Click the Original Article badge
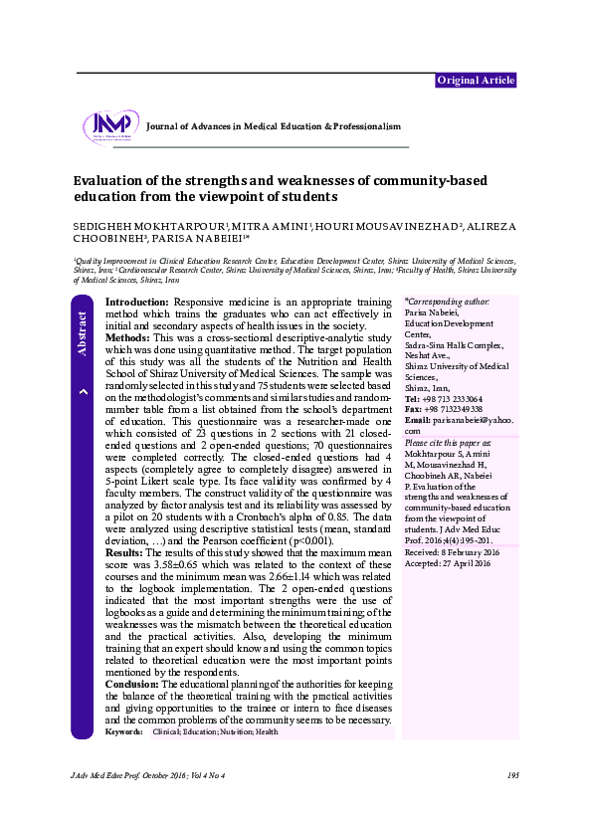476,82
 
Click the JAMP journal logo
110,126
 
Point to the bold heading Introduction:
137,301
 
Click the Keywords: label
123,732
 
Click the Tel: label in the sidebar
412,398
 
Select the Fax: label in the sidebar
413,409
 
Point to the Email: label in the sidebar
417,420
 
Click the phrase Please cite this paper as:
447,443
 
